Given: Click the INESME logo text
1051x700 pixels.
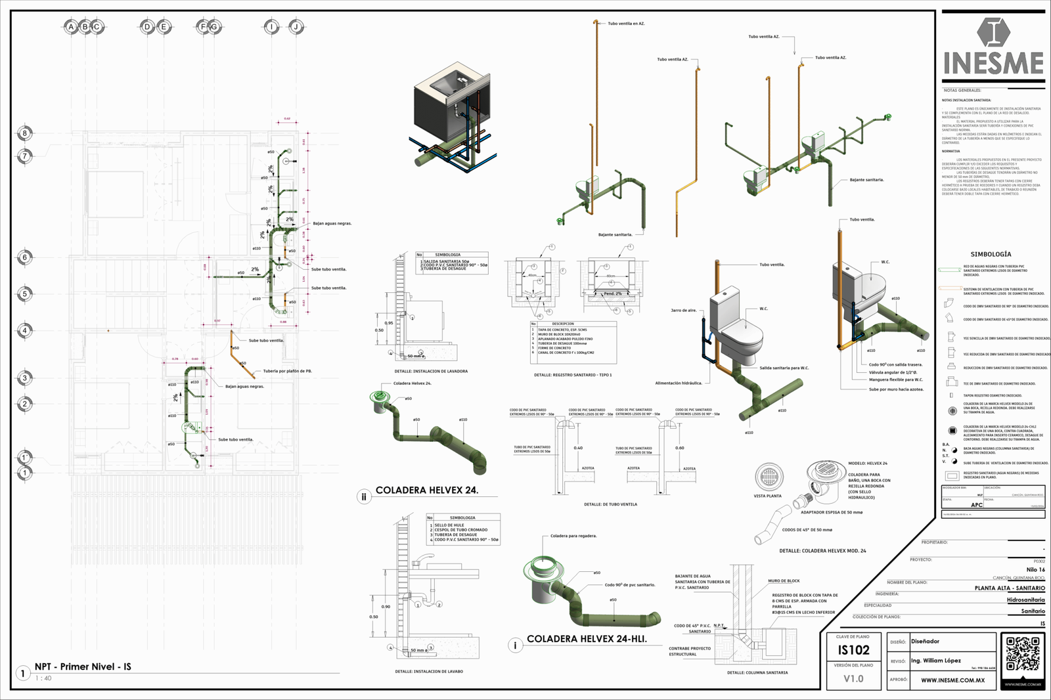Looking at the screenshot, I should (x=993, y=63).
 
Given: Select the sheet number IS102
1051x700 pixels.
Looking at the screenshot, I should (x=853, y=650).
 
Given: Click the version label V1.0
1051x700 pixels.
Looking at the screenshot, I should (x=853, y=678).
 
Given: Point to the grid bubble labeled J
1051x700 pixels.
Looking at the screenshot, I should (x=296, y=27).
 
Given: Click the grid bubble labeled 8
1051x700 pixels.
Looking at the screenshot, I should (x=25, y=133).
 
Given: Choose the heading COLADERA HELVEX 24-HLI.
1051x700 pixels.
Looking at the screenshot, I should (x=587, y=638).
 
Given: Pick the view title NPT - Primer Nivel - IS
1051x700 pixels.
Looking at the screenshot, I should (x=83, y=667).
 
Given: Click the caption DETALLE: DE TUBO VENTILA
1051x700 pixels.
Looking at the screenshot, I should (x=610, y=504).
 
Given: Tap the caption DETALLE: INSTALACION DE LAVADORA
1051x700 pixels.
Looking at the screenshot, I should (x=431, y=371).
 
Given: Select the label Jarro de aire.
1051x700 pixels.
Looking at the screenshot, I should (x=683, y=310).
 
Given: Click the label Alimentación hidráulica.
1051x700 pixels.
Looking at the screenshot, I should (x=679, y=383).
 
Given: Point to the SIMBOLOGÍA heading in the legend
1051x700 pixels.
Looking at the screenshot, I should (x=991, y=254).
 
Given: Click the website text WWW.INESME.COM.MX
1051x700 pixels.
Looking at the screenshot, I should (x=952, y=680).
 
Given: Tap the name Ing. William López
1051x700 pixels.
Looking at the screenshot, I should (x=935, y=661).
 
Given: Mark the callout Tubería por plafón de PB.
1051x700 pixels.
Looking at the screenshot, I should (x=287, y=371).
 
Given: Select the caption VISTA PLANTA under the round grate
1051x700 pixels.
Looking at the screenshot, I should (x=767, y=496).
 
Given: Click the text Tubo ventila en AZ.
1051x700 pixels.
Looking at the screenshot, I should (x=626, y=24).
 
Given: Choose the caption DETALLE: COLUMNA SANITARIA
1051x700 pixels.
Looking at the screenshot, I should (x=757, y=672).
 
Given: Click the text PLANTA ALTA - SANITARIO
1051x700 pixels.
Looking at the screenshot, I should (x=1009, y=588).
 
